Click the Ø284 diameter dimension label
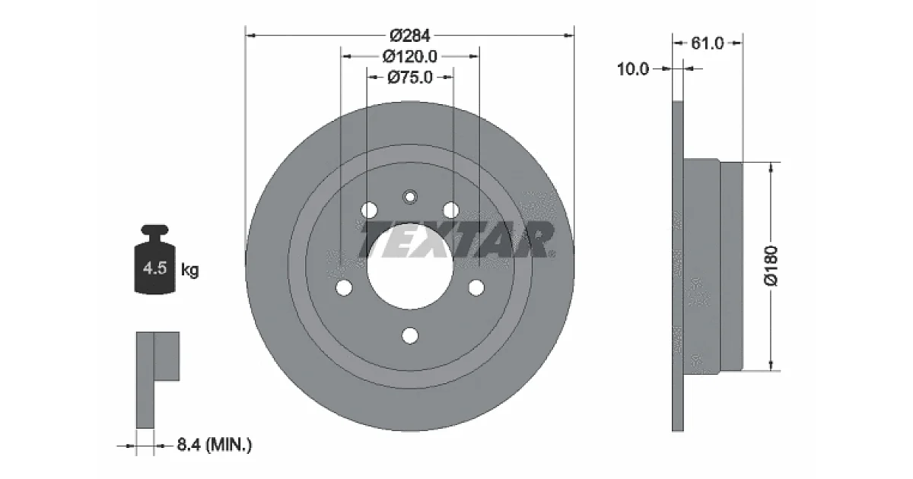[409, 36]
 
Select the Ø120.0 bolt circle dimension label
[409, 56]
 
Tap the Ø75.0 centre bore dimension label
[409, 77]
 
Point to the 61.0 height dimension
[707, 43]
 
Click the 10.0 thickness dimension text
[632, 69]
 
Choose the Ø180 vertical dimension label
[771, 266]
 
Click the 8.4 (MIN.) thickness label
[215, 444]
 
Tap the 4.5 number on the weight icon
[155, 268]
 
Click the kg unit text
[190, 270]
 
